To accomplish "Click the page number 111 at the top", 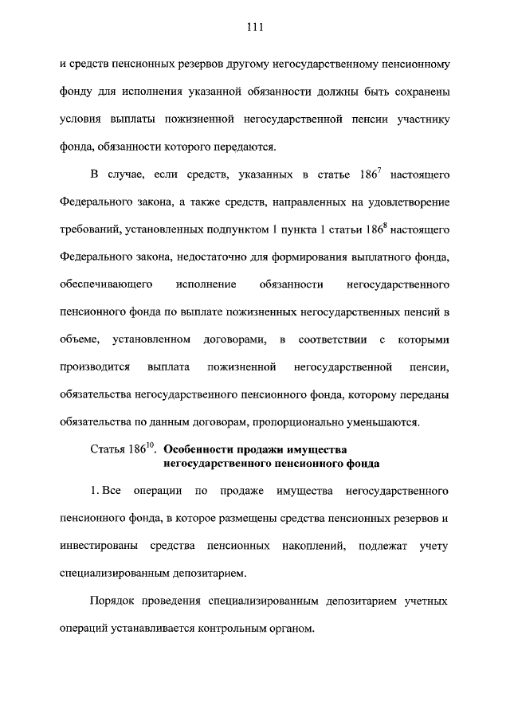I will click(255, 26).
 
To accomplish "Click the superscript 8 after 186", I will click(386, 225).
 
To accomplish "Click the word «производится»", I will click(90, 368).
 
